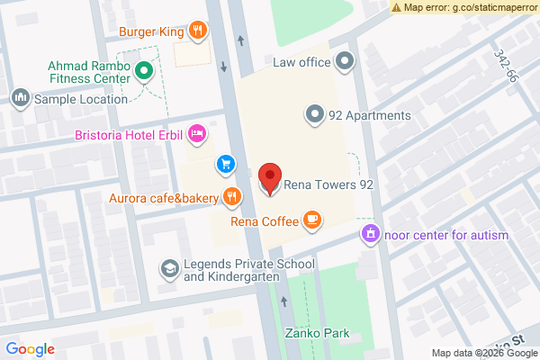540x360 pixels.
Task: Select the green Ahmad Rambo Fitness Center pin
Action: tap(143, 69)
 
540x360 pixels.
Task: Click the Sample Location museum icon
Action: tap(19, 97)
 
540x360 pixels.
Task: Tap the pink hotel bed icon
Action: tap(198, 135)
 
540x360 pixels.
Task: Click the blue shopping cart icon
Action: tap(225, 164)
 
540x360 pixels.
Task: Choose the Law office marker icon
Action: tap(344, 62)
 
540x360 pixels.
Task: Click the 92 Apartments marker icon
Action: tap(313, 114)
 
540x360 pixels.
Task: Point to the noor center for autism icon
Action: tap(369, 235)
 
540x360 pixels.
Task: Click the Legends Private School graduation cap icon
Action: tap(168, 269)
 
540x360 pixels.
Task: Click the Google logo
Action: tap(31, 349)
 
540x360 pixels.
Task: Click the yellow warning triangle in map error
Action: tap(397, 7)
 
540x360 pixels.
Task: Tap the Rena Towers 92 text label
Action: tap(328, 185)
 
